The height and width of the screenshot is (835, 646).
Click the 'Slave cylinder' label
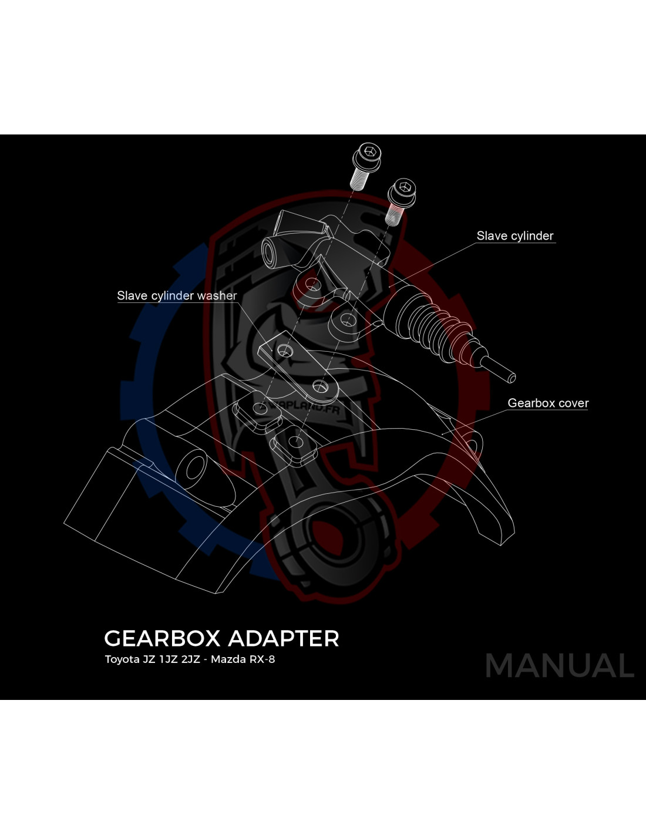pos(514,236)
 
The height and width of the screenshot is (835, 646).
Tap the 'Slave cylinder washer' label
pos(177,296)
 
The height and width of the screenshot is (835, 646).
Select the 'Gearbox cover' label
pos(548,403)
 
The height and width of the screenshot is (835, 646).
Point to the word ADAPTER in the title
pos(284,638)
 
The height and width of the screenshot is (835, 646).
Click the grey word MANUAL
pos(560,666)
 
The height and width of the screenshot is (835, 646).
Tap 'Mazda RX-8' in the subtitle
pos(243,659)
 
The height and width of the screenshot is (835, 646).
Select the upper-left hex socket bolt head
pos(367,156)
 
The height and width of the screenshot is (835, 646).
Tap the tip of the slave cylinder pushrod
pos(512,379)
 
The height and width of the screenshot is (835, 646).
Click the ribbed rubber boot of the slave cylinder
pos(426,327)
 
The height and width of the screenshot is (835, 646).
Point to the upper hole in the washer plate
pos(285,350)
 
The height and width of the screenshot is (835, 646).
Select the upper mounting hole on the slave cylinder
pos(313,285)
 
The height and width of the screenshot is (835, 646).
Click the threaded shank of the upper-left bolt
pos(359,180)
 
